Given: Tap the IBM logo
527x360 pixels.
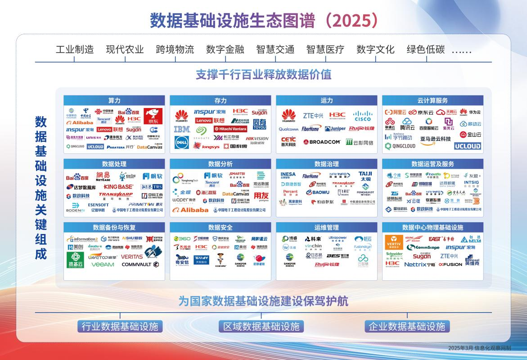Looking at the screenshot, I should point(182,129).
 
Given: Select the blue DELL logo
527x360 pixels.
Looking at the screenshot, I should point(182,142).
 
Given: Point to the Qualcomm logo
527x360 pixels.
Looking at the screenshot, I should point(288,129).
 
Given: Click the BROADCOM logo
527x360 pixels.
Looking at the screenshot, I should point(322,142).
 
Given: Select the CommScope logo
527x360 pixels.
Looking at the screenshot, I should point(423,247).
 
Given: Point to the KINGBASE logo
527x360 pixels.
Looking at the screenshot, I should point(118,186).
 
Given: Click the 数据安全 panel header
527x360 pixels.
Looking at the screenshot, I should point(221,227).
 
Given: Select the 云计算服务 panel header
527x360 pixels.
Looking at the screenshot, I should point(432,100).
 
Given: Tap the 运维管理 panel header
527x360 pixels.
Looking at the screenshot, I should point(327,227).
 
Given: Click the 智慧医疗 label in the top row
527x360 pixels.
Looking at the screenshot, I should point(325,49).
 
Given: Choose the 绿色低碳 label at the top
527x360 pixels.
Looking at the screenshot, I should point(425,49).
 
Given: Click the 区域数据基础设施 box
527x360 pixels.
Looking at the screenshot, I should point(261,326).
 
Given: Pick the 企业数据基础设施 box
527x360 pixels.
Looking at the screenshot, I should point(406,326).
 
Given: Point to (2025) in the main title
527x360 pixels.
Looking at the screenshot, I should point(351,20).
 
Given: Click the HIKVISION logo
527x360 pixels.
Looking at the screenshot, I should point(257,139).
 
